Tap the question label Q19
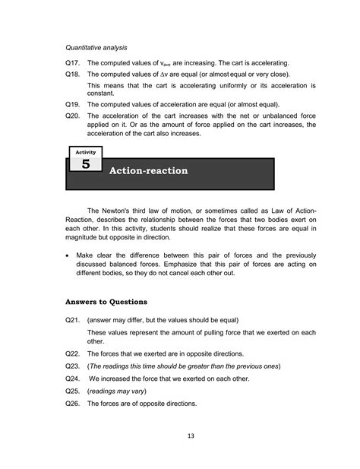click(x=73, y=105)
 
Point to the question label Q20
click(x=73, y=116)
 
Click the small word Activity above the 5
click(x=85, y=152)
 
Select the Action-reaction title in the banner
click(x=149, y=171)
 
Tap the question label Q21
click(x=73, y=321)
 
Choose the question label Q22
click(x=73, y=354)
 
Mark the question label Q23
click(x=73, y=366)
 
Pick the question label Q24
click(x=73, y=378)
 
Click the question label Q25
click(x=73, y=391)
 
